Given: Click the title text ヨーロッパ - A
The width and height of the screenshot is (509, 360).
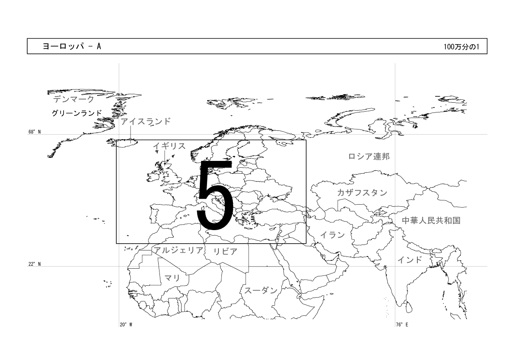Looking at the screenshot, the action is click(x=72, y=46).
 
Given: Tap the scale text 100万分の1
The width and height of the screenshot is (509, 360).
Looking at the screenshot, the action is click(x=461, y=47).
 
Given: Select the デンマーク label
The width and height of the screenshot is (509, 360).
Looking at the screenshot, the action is click(x=73, y=99).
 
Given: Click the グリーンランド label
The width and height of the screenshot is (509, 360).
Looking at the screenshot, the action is click(x=77, y=113).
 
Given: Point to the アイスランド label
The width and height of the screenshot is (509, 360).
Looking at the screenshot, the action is click(x=145, y=121).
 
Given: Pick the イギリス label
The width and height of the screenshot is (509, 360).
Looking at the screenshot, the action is click(x=170, y=146).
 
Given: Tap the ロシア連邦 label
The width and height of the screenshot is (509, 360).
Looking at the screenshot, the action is click(x=369, y=157).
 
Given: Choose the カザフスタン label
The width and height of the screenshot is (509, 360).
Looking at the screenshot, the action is click(x=362, y=193).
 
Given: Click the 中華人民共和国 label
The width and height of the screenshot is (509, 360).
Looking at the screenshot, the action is click(x=431, y=220).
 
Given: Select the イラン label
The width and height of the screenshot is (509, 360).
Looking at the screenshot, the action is click(x=333, y=235).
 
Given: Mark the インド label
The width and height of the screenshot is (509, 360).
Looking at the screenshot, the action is click(x=410, y=260).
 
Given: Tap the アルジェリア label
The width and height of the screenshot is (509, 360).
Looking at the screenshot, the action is click(x=179, y=250).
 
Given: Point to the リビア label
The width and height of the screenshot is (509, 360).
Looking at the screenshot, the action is click(x=225, y=251).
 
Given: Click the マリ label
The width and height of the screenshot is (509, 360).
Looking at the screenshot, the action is click(x=173, y=278).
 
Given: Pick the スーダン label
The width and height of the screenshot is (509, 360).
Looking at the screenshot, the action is click(x=261, y=290).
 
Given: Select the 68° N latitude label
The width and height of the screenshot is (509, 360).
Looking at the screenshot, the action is click(x=34, y=132).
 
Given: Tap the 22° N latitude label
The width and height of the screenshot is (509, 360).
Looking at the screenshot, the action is click(x=34, y=264).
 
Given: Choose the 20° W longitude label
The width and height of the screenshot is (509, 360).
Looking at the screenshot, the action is click(x=126, y=325).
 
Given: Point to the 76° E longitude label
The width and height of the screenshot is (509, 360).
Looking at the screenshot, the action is click(x=402, y=325).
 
